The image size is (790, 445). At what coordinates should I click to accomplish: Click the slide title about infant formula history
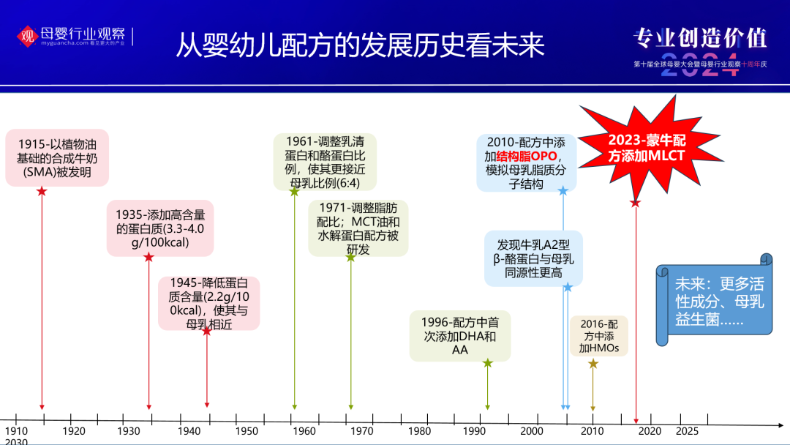tap(360, 45)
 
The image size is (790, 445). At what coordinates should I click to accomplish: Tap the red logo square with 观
tap(27, 35)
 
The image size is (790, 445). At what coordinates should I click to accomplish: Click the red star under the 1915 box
tap(42, 191)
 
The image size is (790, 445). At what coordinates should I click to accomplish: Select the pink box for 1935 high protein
tap(160, 228)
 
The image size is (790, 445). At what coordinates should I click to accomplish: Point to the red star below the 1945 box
tap(206, 331)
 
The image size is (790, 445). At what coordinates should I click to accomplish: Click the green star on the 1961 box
tap(294, 192)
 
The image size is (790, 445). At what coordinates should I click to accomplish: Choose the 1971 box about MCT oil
tap(358, 227)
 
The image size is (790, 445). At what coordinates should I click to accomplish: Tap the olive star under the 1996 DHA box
tap(487, 362)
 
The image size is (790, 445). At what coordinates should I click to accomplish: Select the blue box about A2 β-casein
tap(533, 258)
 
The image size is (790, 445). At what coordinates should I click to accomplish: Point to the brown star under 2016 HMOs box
tap(593, 363)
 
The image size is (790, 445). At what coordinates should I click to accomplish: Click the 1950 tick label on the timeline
tap(247, 431)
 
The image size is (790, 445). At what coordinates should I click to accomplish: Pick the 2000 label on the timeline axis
tap(532, 431)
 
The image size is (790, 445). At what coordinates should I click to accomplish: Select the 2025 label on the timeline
tap(688, 430)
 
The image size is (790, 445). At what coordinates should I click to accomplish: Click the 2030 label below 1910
tap(16, 441)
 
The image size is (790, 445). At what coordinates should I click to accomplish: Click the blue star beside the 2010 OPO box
tap(563, 191)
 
